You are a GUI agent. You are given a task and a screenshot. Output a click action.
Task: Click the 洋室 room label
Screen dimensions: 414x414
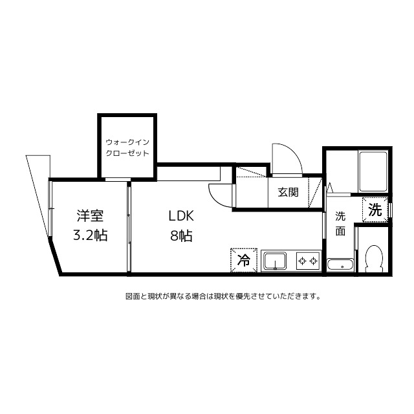(x=91, y=216)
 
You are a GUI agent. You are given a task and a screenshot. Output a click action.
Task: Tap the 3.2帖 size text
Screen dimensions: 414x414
(x=90, y=235)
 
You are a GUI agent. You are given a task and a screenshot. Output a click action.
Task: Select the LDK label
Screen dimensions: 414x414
(x=181, y=216)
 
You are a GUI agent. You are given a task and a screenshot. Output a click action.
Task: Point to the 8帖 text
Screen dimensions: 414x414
(x=181, y=235)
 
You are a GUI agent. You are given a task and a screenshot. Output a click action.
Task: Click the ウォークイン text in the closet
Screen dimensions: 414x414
(x=127, y=141)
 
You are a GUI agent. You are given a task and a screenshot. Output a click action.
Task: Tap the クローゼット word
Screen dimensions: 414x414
(x=127, y=154)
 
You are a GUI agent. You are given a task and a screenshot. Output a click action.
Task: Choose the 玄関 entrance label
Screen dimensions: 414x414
(x=288, y=192)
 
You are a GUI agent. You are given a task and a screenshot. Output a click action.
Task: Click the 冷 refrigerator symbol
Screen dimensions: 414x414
(x=243, y=261)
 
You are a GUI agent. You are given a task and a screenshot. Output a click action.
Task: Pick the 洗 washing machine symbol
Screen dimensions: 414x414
(x=375, y=209)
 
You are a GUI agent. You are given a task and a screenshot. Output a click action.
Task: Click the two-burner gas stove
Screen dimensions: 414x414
(x=308, y=261)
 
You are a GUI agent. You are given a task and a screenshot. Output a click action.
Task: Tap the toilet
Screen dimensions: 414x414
(x=373, y=259)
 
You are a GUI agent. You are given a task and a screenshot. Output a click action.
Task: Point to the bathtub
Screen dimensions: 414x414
(x=373, y=171)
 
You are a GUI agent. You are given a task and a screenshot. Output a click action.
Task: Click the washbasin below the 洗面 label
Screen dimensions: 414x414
(x=340, y=265)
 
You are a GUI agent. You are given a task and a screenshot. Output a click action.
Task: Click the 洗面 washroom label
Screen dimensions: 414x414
(x=340, y=224)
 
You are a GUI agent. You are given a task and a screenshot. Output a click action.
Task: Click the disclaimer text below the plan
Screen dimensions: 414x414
(x=223, y=297)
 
